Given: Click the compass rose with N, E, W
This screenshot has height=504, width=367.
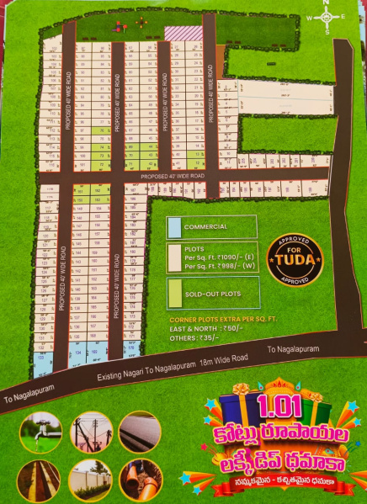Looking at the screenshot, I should pos(326,16).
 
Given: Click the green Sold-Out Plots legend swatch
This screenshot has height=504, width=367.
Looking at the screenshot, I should pos(173,293).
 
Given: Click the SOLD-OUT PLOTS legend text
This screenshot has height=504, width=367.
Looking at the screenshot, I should pos(212,294).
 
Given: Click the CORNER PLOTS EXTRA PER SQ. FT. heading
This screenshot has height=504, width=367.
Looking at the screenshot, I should pos(216,320).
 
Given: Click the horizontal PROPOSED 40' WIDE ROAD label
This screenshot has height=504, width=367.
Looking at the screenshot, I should pos(173,176).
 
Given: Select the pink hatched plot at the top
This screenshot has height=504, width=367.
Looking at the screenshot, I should pos(178,33).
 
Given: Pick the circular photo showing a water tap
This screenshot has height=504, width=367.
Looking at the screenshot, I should pos(40,432).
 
